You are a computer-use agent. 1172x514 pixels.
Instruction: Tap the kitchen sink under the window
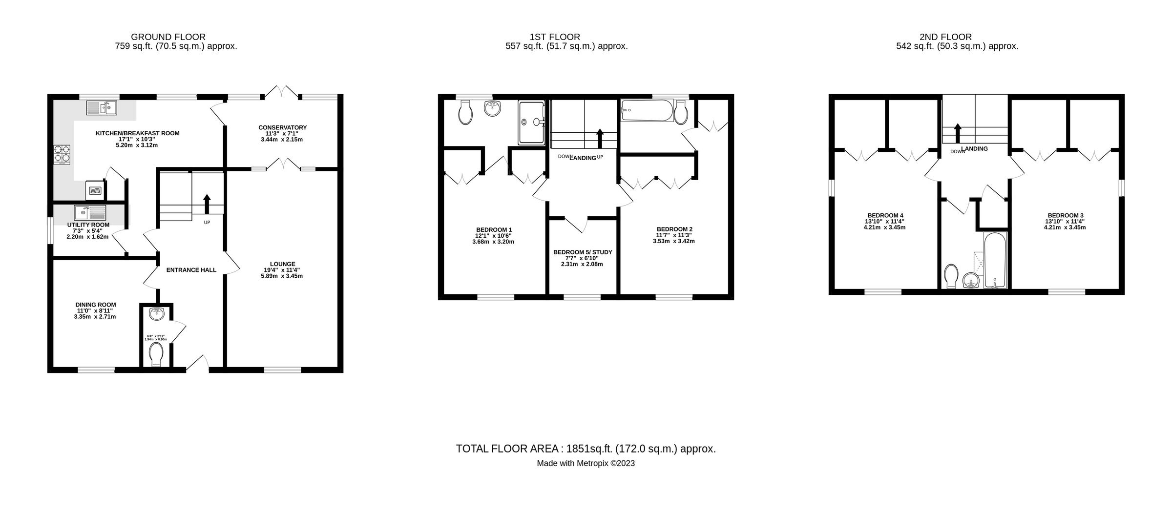click(102, 107)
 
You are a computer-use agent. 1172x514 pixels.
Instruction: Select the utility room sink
click(90, 213)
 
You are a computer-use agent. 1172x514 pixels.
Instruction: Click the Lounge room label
click(282, 264)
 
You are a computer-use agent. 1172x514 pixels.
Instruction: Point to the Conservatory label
click(282, 127)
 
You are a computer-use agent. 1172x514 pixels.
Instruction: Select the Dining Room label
click(96, 305)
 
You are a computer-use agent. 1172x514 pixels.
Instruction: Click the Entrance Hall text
click(191, 270)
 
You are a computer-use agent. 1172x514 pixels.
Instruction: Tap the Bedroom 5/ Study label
click(582, 252)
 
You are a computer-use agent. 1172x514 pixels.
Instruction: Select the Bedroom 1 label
click(494, 229)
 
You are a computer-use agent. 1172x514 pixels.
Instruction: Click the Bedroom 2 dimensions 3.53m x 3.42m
click(674, 241)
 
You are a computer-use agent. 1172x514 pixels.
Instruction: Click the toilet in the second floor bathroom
click(951, 276)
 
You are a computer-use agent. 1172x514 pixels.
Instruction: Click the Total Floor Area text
click(586, 449)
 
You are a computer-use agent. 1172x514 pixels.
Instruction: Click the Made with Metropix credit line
click(586, 464)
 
